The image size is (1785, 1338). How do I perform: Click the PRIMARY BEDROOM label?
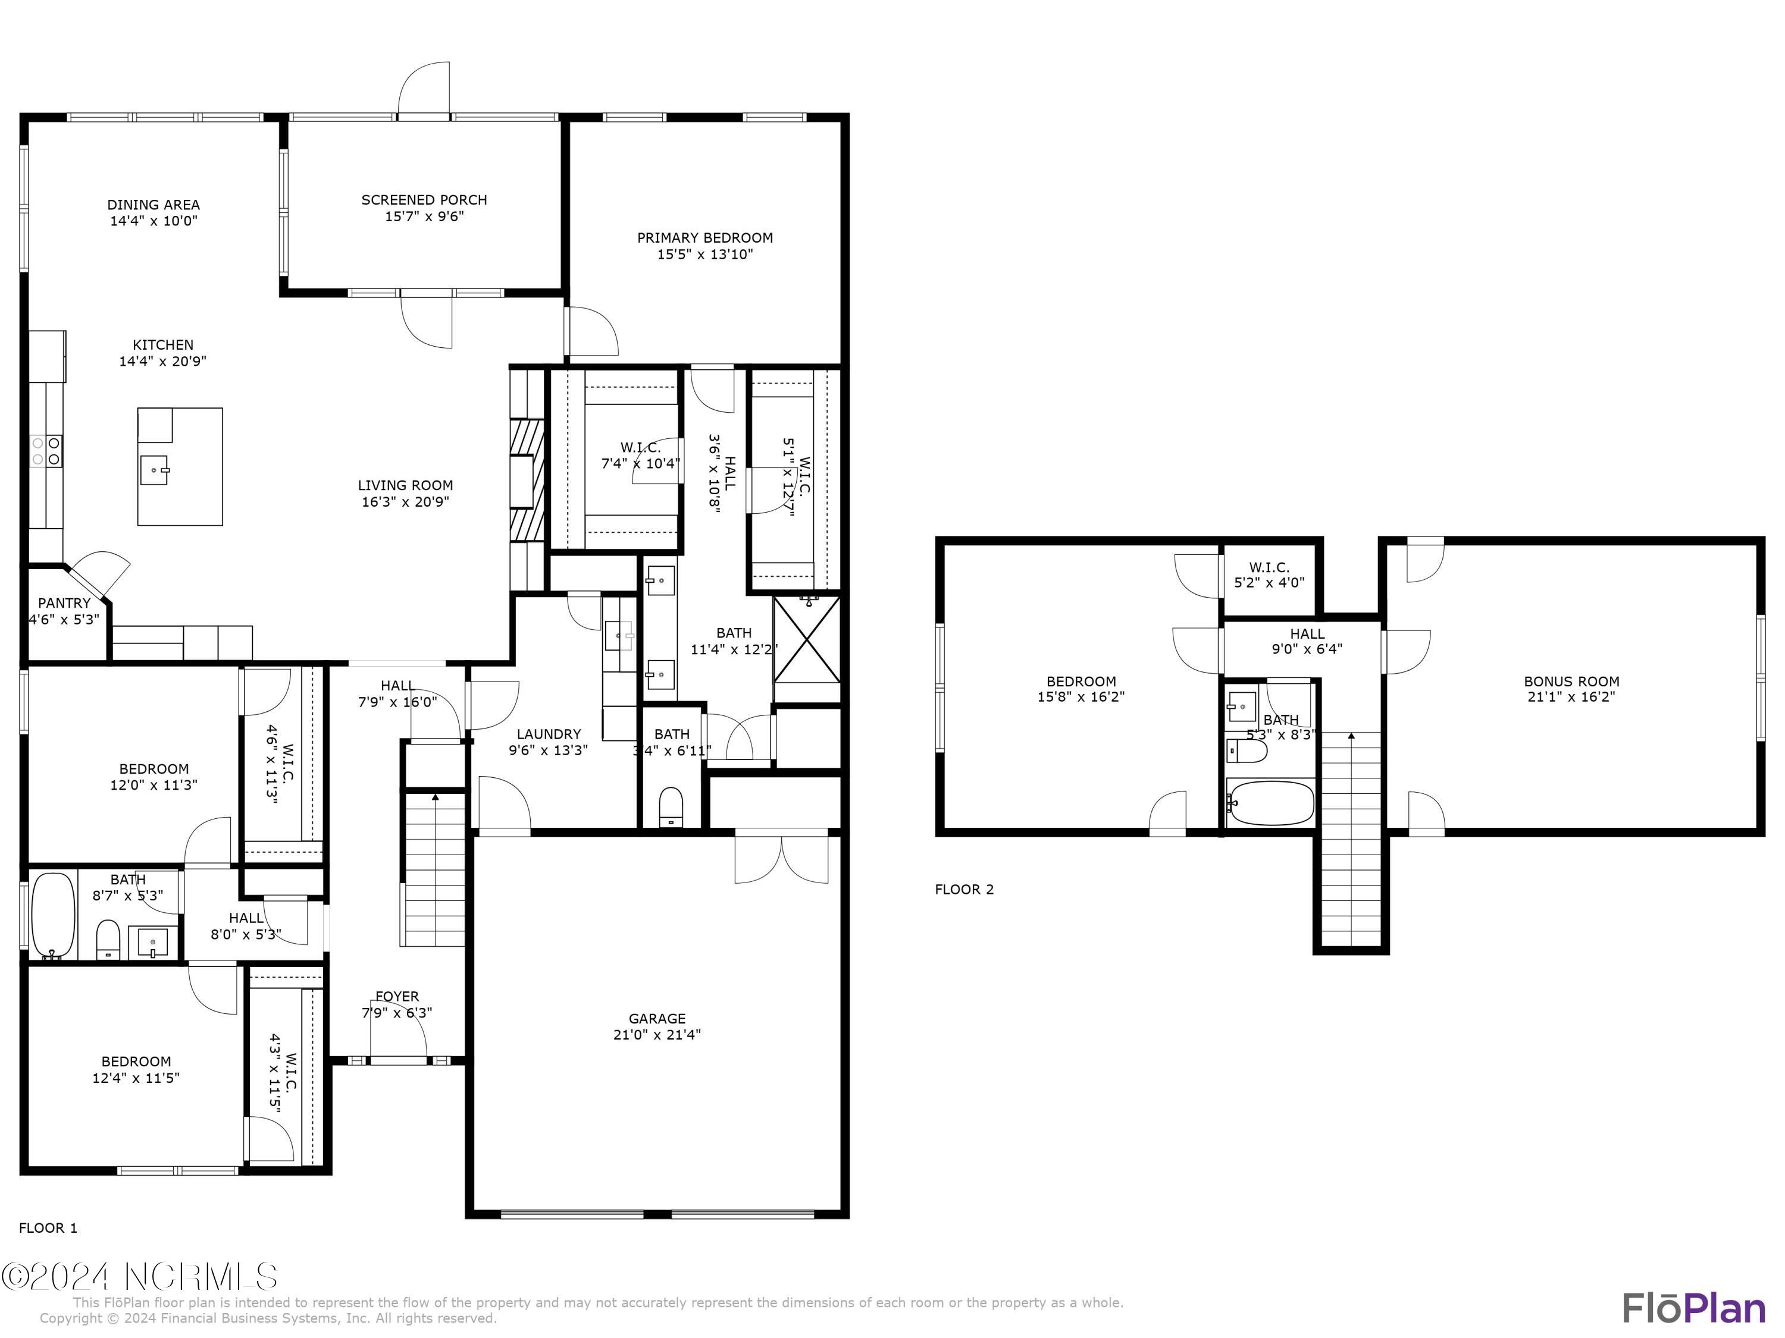[x=704, y=238]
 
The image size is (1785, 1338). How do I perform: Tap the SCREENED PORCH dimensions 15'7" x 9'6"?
[x=424, y=216]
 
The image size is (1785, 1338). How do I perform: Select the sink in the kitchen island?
[x=154, y=469]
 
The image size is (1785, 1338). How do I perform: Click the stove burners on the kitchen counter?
[x=46, y=451]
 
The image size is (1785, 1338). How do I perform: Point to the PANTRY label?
[x=64, y=603]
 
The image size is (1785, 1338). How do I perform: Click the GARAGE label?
[x=657, y=1019]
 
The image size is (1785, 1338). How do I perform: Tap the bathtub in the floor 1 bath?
[x=54, y=915]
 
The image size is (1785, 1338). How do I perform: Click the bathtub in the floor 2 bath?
[x=1270, y=802]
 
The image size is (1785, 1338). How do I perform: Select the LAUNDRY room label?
[x=549, y=734]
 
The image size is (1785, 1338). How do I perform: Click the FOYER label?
[x=396, y=997]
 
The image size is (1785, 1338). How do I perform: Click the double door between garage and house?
[x=781, y=859]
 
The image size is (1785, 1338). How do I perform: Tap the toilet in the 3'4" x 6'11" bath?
[x=671, y=806]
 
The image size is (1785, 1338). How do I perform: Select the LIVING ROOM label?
[x=405, y=485]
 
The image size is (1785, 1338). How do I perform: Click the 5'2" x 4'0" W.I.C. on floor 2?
[x=1269, y=575]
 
